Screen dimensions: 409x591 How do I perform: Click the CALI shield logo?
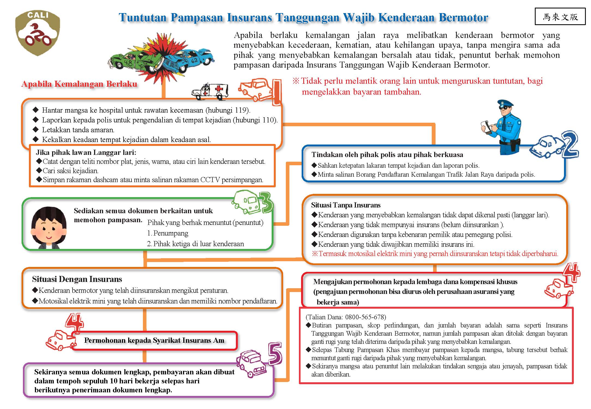(x=38, y=33)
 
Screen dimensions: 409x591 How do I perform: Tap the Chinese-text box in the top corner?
(x=560, y=17)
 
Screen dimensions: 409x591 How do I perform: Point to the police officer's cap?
(x=505, y=104)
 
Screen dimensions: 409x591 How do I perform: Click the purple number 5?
(x=275, y=353)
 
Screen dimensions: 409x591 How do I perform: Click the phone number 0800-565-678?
(x=365, y=317)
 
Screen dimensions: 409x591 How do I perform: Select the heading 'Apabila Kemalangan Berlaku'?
(x=79, y=84)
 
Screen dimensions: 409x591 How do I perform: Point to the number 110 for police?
(x=268, y=120)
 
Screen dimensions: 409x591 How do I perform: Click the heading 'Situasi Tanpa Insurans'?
(x=346, y=205)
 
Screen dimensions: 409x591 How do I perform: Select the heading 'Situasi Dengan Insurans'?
(x=77, y=279)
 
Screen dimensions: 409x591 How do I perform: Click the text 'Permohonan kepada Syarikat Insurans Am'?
(x=154, y=340)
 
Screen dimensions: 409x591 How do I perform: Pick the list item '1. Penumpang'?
(x=168, y=233)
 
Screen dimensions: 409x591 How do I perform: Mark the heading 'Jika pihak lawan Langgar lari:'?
(x=86, y=152)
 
